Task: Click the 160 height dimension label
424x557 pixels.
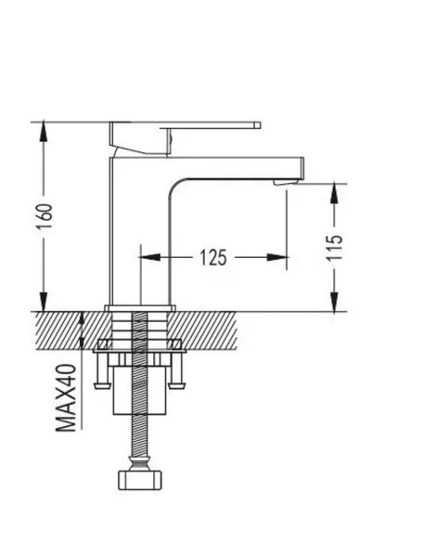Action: coord(45,216)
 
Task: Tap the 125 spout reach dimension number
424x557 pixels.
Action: coord(212,257)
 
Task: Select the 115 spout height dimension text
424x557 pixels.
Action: coord(335,248)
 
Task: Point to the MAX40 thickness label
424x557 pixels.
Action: coord(66,397)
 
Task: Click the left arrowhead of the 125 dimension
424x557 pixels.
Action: coord(149,257)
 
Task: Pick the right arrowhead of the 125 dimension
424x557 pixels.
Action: coord(277,257)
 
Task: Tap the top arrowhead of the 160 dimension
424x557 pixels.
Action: coord(44,132)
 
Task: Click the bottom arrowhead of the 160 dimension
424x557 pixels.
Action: coord(44,301)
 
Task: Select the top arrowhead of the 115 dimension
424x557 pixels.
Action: coord(335,194)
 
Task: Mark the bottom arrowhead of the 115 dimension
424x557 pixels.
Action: coord(335,301)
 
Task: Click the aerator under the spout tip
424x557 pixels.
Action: coord(285,182)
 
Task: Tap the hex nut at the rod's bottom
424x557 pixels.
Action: coord(139,480)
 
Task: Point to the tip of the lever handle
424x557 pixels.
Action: coord(257,125)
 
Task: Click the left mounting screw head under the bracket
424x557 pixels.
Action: coord(102,385)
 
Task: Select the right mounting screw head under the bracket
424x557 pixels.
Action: coord(176,385)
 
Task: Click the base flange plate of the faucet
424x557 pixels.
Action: coord(140,308)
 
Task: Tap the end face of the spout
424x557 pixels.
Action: coord(302,168)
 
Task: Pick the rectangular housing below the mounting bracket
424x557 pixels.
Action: coord(139,391)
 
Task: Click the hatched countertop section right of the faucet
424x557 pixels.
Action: coord(204,330)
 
